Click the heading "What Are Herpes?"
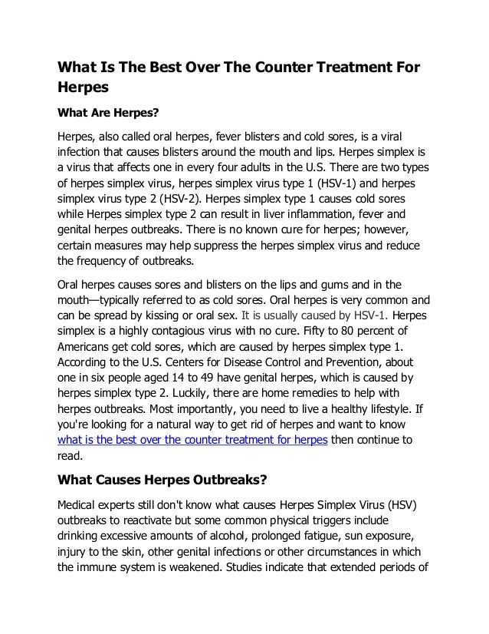[108, 114]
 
